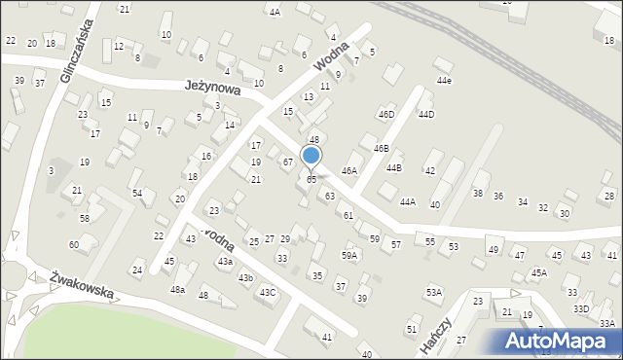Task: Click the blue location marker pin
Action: (311, 156)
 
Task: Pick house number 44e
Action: (444, 81)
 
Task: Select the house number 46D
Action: (385, 115)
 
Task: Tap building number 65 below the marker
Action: (311, 180)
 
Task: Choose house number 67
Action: (288, 162)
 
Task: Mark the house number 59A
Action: (348, 255)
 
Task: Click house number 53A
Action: (433, 292)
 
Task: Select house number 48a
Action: (177, 290)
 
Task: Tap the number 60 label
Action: (74, 244)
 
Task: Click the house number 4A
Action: (275, 13)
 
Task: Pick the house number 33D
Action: (581, 308)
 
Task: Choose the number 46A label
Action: (349, 171)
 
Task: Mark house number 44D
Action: (425, 115)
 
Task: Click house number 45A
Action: (538, 273)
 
